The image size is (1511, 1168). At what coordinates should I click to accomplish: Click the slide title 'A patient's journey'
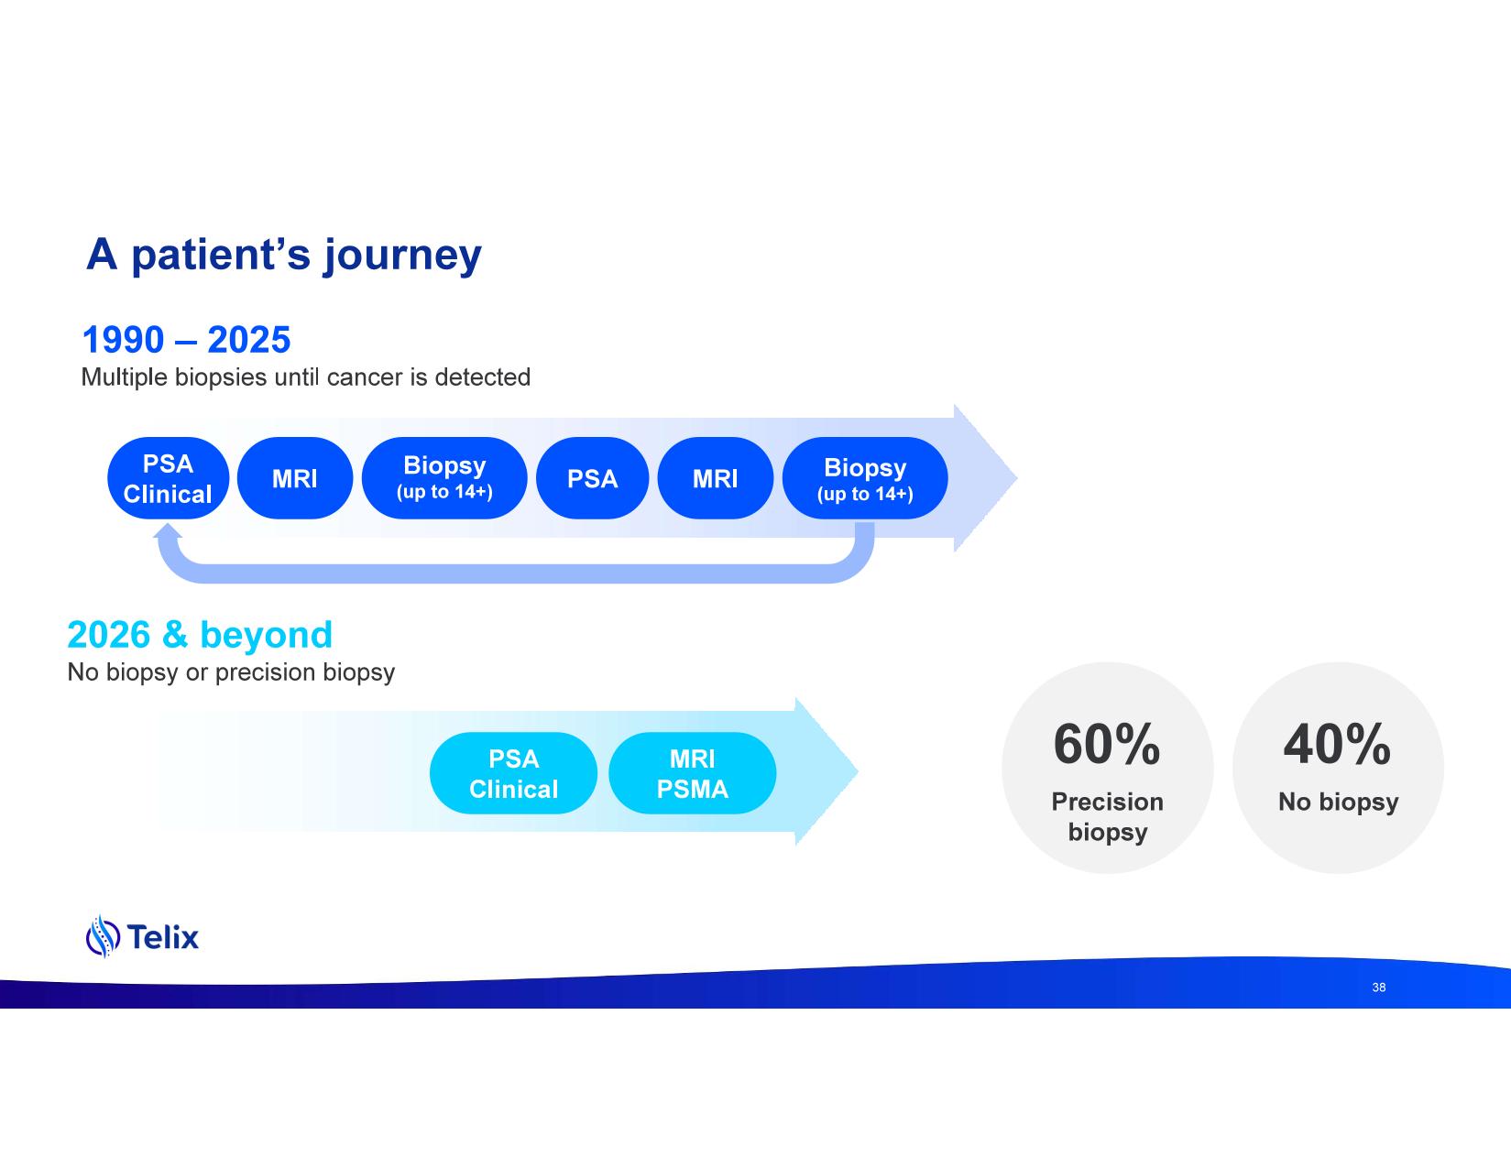click(283, 255)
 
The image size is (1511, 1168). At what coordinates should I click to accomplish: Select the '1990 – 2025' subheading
click(187, 340)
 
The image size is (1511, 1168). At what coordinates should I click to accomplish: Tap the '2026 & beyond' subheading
click(200, 635)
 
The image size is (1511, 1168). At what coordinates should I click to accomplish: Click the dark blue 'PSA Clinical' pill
click(168, 478)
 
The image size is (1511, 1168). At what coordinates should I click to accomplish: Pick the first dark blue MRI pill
click(294, 478)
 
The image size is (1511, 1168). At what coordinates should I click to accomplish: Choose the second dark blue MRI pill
click(715, 478)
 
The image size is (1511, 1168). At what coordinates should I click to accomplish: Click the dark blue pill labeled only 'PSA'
click(592, 478)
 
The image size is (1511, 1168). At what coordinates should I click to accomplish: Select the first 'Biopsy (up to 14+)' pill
click(444, 478)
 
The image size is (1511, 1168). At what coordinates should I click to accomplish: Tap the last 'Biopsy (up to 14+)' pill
click(865, 478)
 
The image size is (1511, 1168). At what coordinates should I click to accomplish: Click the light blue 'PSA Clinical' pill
click(513, 773)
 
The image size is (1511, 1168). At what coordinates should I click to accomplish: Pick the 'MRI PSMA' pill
click(692, 773)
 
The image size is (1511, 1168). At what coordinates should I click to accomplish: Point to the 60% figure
click(1107, 744)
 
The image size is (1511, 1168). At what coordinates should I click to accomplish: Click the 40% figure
click(1337, 744)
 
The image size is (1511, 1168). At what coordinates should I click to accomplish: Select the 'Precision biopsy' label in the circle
click(1107, 816)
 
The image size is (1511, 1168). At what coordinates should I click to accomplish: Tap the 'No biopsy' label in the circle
click(1338, 802)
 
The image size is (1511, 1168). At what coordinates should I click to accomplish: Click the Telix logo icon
click(103, 936)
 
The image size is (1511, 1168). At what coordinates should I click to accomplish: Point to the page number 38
click(1378, 988)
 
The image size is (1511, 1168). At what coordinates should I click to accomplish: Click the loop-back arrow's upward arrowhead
click(168, 534)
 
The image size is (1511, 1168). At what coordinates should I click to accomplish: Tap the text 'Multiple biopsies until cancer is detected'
click(306, 377)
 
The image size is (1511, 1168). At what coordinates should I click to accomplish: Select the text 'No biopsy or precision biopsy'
click(231, 672)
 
